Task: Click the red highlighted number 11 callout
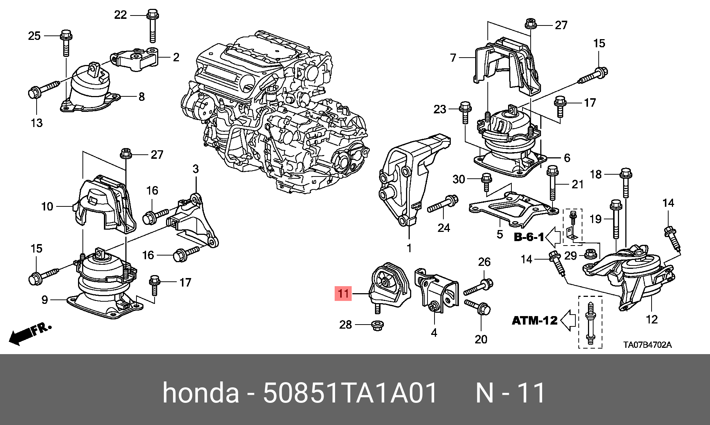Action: point(343,294)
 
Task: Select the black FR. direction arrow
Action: point(22,335)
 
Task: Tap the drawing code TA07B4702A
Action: point(647,345)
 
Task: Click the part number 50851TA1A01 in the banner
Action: point(350,393)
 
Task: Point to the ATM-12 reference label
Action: point(534,320)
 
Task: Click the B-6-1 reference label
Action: point(529,237)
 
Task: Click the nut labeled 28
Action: point(377,325)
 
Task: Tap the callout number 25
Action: point(34,36)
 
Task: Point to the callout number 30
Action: point(459,179)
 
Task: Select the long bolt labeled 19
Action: point(616,220)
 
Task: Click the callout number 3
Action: point(196,169)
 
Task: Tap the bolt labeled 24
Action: point(443,204)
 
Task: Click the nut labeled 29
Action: point(590,254)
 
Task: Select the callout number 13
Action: point(37,123)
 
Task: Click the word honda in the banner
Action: point(201,393)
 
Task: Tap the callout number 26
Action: point(484,262)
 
